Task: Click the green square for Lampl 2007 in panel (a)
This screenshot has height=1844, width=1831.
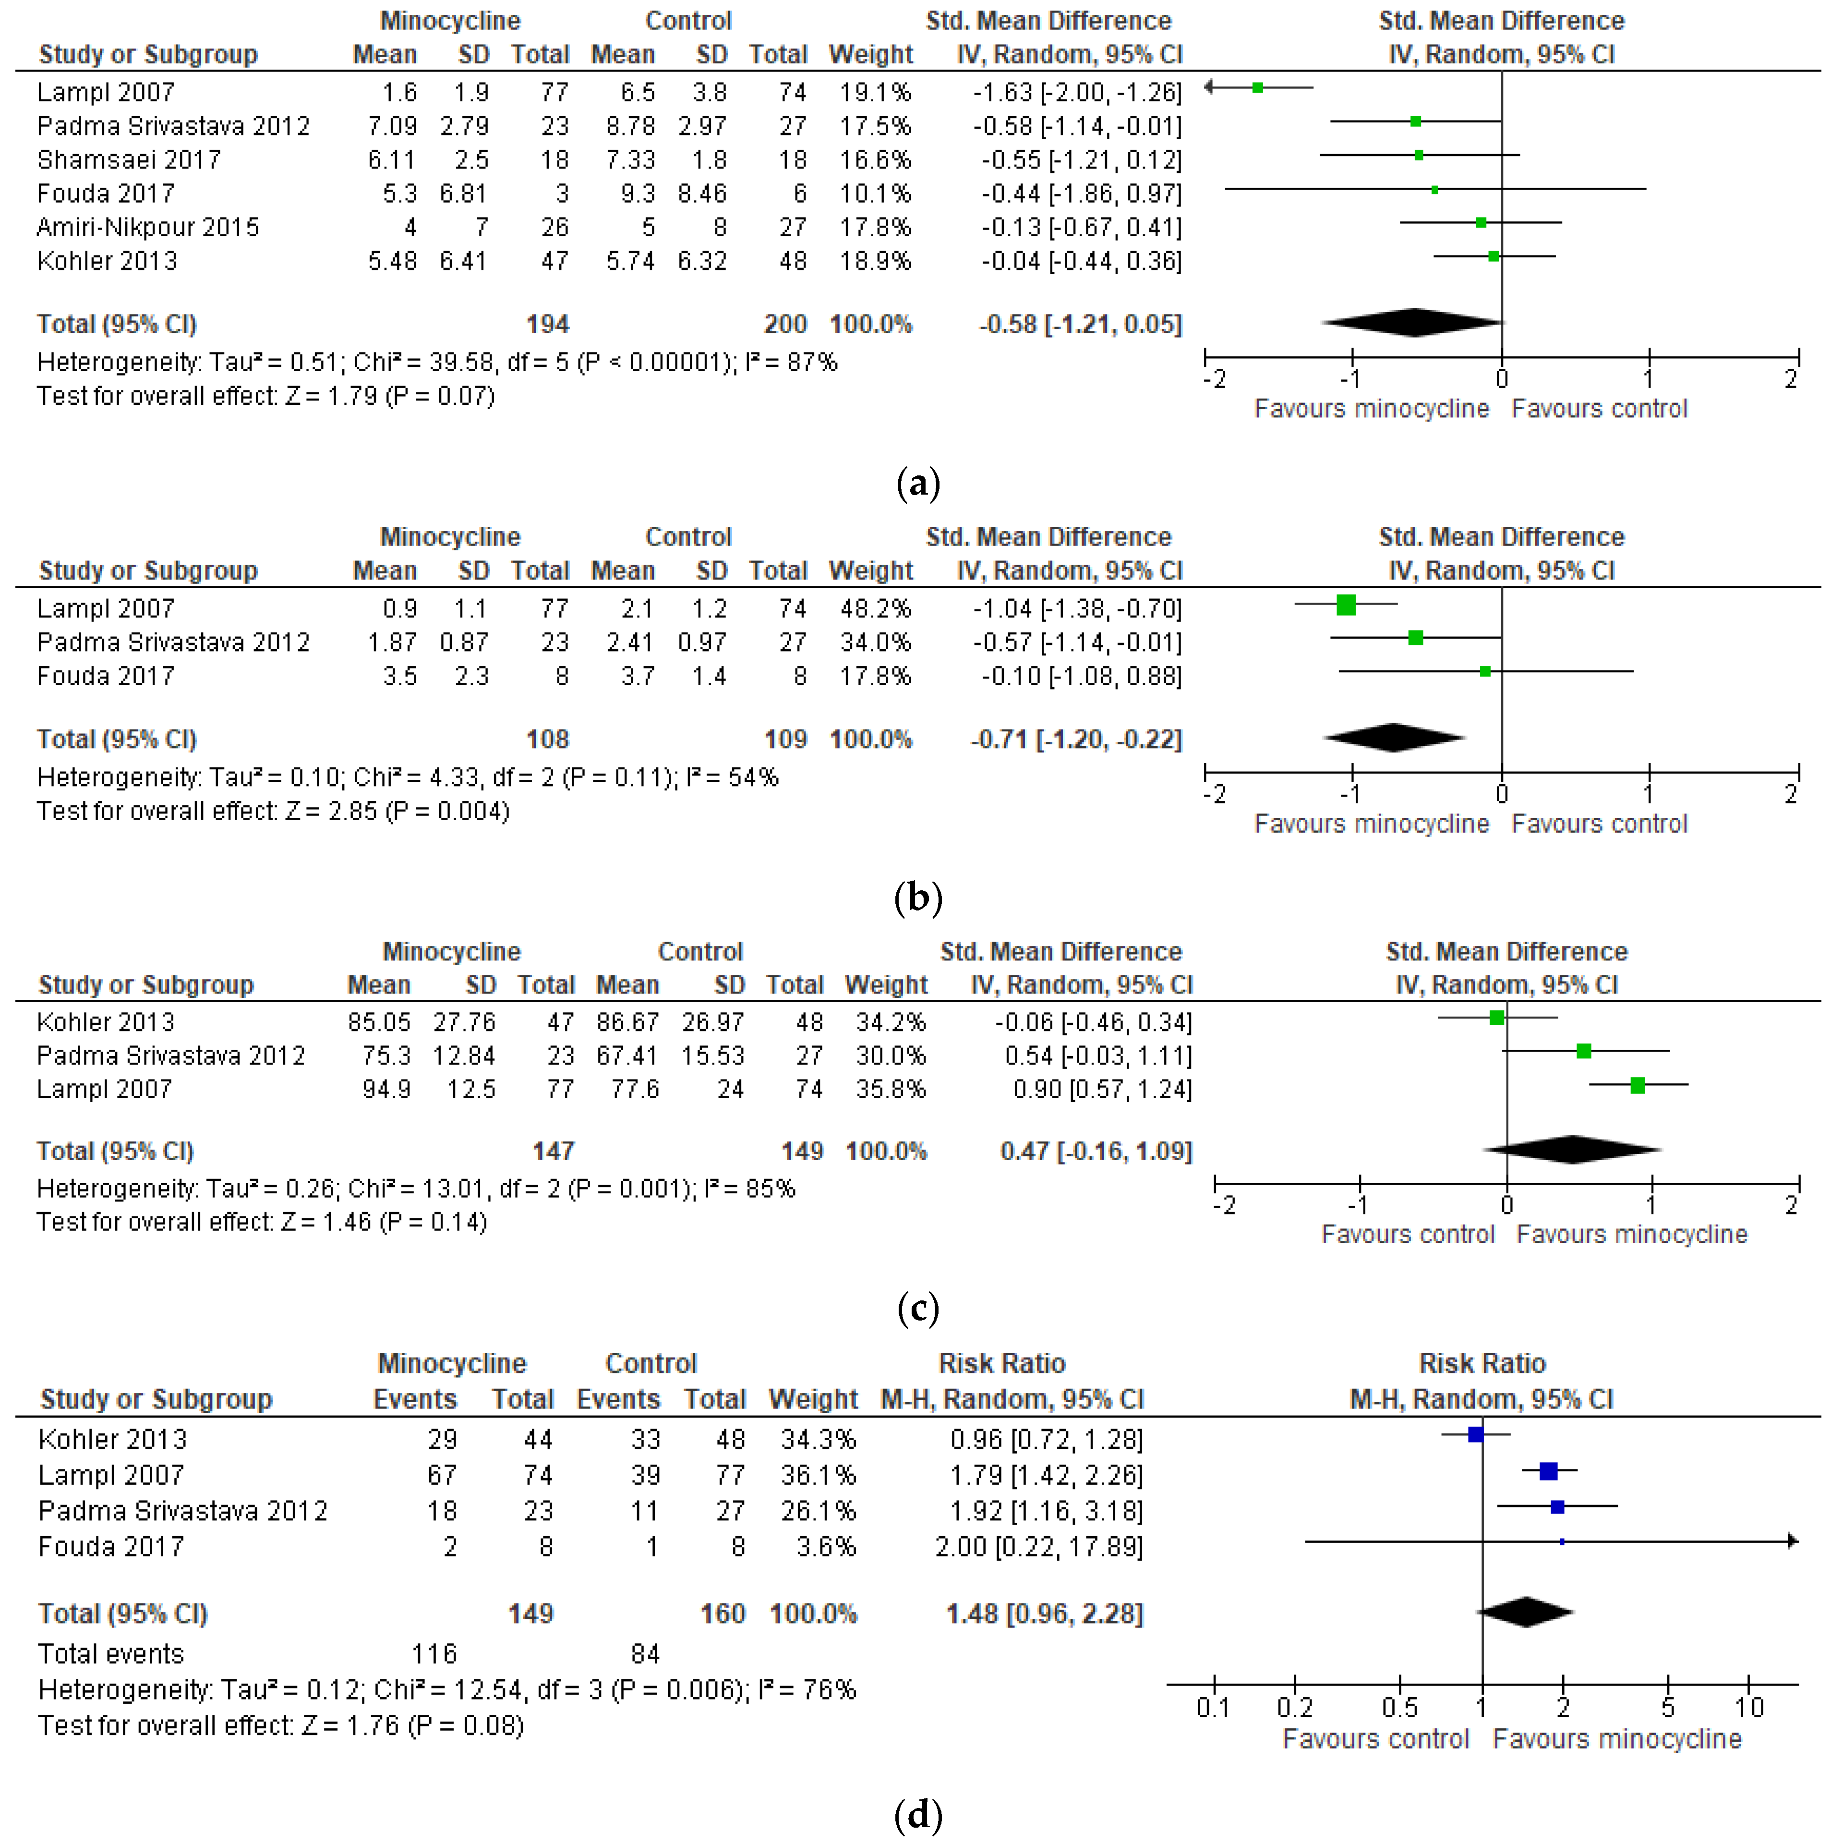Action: (1258, 88)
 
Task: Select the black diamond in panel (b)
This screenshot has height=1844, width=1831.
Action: (1394, 738)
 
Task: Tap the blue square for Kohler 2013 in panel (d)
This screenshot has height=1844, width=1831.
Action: (1475, 1433)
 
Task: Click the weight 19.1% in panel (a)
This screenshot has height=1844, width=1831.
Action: (875, 93)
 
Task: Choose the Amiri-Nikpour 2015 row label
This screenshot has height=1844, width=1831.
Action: (148, 227)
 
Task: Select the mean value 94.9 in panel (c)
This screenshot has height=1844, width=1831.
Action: (386, 1089)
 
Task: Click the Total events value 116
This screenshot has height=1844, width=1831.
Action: (434, 1654)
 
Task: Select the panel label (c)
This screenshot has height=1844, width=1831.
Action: (918, 1307)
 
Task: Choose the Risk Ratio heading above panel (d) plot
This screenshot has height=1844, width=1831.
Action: (1482, 1363)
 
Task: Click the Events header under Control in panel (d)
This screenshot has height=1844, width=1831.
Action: (618, 1399)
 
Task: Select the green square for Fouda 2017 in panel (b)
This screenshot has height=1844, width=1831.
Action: (1485, 672)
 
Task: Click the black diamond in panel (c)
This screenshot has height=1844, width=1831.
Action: (1572, 1150)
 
